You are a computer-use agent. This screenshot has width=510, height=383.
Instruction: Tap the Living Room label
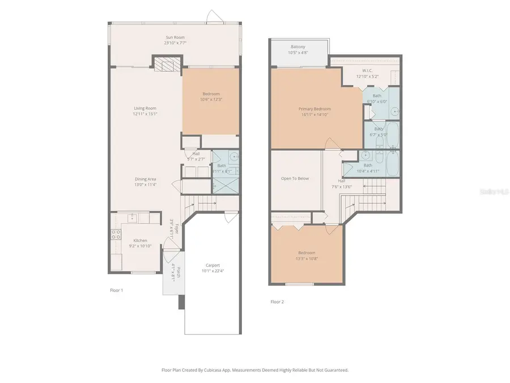point(145,108)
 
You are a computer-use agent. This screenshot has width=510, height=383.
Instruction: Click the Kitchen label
point(140,241)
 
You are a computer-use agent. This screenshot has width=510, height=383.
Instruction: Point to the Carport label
point(212,265)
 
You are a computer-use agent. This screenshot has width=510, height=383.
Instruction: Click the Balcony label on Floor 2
point(299,47)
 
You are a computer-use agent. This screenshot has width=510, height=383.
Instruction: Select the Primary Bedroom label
point(314,109)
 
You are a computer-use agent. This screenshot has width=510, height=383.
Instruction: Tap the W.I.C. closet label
point(367,70)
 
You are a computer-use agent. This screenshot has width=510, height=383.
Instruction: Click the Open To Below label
point(295,179)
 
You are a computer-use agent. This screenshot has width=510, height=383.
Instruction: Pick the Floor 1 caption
point(116,290)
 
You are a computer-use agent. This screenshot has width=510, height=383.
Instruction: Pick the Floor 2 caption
point(277,302)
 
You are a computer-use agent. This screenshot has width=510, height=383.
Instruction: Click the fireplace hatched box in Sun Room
point(168,65)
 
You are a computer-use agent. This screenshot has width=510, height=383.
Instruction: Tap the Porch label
point(178,271)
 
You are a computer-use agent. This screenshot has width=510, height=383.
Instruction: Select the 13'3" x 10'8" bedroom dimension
point(307,259)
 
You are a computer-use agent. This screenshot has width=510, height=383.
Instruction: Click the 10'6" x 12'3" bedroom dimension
point(210,100)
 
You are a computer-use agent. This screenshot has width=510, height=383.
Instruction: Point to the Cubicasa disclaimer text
point(255,370)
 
